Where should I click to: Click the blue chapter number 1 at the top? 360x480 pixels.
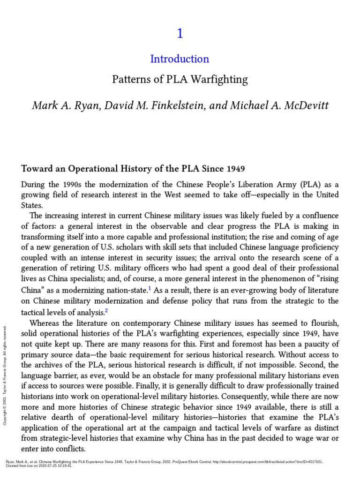click(180, 34)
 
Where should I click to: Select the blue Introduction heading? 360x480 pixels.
click(180, 59)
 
